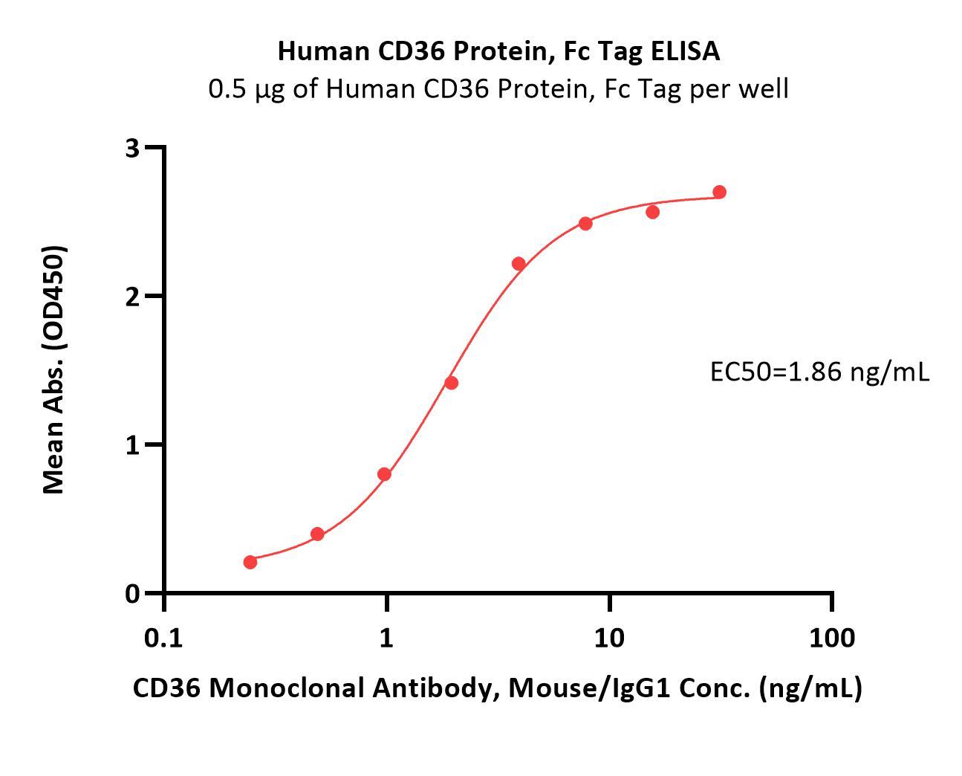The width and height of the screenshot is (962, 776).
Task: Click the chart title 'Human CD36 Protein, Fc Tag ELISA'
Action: (498, 51)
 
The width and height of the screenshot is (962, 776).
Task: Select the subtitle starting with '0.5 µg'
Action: (498, 89)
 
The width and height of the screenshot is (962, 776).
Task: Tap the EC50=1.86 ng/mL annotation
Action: (819, 372)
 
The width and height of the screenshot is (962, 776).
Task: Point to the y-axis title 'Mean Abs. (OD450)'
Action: (53, 369)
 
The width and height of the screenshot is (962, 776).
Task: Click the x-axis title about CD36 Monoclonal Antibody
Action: (498, 688)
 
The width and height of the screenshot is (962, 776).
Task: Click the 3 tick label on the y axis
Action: (133, 148)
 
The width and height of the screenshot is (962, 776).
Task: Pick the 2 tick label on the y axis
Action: (133, 297)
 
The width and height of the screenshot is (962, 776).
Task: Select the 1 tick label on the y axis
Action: (133, 445)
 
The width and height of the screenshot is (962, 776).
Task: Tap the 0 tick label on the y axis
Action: (133, 594)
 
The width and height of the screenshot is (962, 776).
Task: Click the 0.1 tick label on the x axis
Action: (163, 638)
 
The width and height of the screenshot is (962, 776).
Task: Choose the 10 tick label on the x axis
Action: (609, 638)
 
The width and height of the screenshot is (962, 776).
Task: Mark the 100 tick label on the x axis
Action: (831, 638)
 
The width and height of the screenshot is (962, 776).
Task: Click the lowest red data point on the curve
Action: (250, 562)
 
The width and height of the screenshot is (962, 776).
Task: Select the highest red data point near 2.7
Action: (719, 193)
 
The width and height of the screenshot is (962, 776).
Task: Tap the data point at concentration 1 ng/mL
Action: (384, 474)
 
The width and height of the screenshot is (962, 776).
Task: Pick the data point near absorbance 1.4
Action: (451, 383)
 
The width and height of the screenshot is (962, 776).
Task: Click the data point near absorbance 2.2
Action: (519, 264)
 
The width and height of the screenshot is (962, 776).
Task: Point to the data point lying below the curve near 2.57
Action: (652, 213)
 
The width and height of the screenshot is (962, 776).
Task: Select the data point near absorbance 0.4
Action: (317, 534)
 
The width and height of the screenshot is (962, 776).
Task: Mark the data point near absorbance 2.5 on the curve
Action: (585, 224)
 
